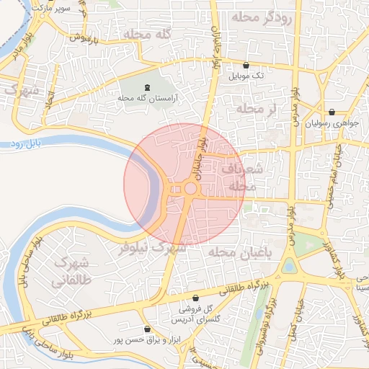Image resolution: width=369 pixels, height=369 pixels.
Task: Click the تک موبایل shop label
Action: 246,75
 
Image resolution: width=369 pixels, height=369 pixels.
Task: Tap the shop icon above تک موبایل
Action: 246,65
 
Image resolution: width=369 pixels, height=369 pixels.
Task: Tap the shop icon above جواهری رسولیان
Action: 332,112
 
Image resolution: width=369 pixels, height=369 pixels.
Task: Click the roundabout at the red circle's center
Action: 190,189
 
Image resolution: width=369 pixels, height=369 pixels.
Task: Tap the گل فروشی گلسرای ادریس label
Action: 195,314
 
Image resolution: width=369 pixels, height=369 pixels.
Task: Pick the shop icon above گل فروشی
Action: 195,298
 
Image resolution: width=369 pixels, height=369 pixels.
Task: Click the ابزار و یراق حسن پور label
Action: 149,339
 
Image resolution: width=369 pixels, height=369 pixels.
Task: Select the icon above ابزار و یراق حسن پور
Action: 147,329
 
